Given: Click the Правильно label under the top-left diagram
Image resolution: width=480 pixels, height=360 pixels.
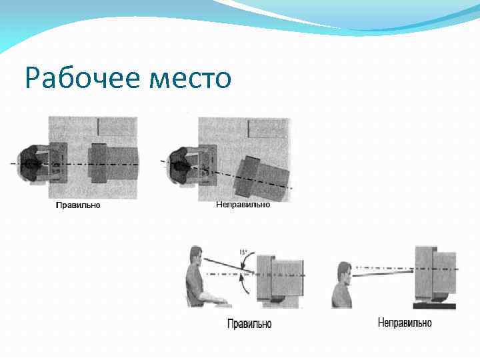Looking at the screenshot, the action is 77,205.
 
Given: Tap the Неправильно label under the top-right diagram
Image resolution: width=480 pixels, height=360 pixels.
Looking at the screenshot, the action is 243,205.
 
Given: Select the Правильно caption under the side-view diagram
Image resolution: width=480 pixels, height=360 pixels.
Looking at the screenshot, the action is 249,324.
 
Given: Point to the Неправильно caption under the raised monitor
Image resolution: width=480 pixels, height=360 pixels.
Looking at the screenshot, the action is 404,323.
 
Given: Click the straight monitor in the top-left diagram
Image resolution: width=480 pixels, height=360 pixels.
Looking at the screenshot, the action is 113,163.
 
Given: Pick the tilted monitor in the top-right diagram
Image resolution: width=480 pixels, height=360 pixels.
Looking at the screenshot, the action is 263,177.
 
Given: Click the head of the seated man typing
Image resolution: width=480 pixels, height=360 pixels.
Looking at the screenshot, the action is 195,257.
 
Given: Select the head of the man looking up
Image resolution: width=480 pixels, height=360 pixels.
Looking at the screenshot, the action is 344,272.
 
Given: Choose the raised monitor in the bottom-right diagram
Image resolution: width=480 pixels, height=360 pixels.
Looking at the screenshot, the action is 434,273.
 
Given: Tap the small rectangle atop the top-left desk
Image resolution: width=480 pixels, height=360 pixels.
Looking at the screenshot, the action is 117,125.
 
